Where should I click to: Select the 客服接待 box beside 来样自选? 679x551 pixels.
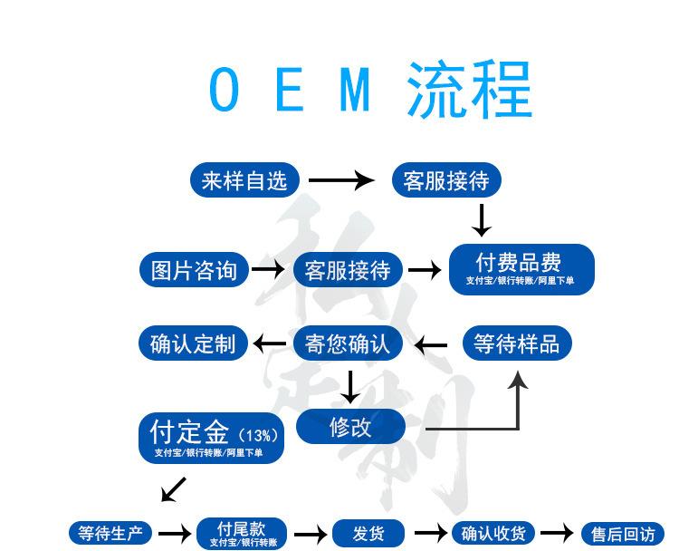[x=445, y=180]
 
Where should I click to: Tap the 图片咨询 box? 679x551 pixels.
[x=194, y=270]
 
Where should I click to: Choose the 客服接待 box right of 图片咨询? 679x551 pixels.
[x=348, y=270]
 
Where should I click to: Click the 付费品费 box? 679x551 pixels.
[x=521, y=269]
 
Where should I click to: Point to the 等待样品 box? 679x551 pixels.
[x=517, y=343]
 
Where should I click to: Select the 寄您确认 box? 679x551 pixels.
[x=348, y=343]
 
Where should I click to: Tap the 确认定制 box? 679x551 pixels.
[x=193, y=343]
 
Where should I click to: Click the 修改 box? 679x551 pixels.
[x=350, y=427]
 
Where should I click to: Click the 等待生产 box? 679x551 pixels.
[x=110, y=533]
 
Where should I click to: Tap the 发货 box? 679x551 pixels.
[x=368, y=533]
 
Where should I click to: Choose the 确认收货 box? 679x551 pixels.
[x=493, y=533]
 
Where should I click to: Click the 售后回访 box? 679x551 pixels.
[x=623, y=534]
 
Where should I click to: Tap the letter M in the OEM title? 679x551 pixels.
[x=358, y=89]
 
